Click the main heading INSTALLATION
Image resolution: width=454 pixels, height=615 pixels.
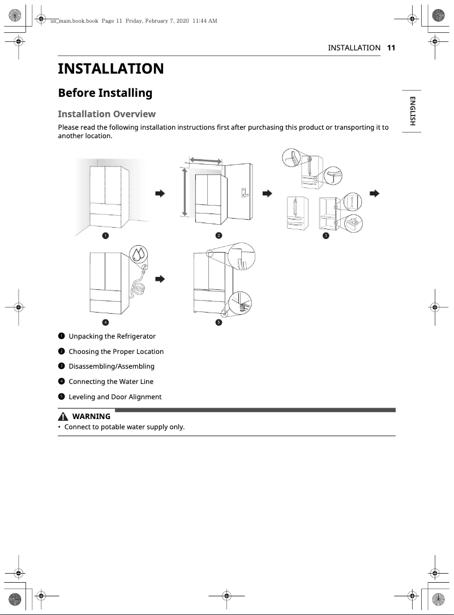[111, 69]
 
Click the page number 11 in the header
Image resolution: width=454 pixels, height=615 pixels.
[391, 48]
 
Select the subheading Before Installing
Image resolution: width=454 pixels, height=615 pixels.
[105, 93]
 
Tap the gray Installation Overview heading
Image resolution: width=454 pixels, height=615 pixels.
[106, 114]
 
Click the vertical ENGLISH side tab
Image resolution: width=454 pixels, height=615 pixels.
[413, 112]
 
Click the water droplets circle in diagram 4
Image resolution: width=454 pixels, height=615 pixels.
[138, 255]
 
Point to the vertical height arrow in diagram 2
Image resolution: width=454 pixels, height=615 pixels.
[184, 191]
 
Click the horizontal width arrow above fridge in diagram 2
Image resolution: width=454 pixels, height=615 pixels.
[205, 161]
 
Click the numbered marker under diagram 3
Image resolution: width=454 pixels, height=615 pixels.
[325, 235]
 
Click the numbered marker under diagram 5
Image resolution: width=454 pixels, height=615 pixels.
[219, 322]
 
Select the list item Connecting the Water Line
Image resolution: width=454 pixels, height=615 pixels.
[111, 382]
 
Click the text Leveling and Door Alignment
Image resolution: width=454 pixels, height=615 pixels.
[115, 397]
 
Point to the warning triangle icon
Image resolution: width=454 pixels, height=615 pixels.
[63, 416]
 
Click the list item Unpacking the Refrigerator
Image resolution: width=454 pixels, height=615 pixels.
[112, 336]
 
